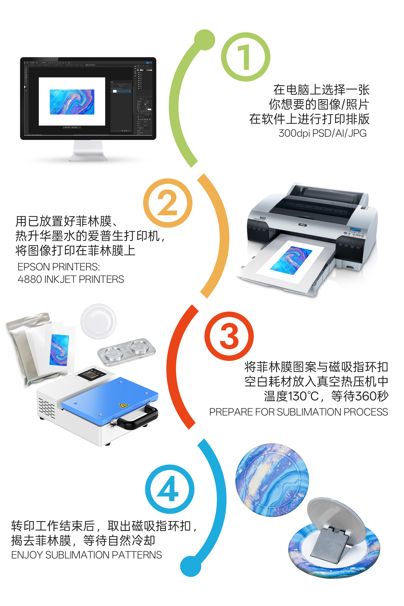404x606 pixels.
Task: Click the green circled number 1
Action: [x=245, y=57]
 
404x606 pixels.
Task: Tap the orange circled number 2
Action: [x=168, y=203]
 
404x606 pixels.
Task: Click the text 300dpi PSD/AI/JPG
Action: [x=322, y=133]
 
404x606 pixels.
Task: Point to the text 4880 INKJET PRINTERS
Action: [x=71, y=279]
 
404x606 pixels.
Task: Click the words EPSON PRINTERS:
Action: [x=59, y=267]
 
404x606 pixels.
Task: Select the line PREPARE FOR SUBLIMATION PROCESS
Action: [x=298, y=412]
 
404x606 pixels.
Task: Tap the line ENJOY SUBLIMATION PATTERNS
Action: [x=86, y=555]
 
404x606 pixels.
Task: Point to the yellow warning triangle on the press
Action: [x=124, y=406]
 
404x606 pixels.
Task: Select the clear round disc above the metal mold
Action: [x=98, y=321]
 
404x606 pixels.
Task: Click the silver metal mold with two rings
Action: [x=126, y=352]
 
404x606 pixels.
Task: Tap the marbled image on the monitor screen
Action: [x=72, y=102]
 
